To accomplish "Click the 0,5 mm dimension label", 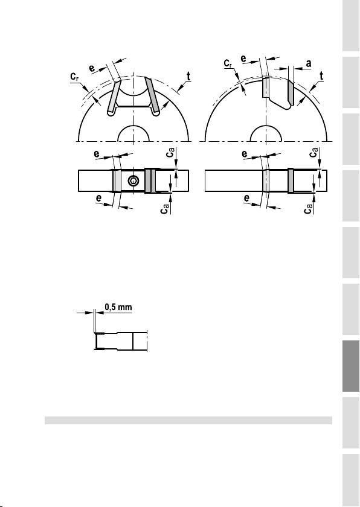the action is [119, 307].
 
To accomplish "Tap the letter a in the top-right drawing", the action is [309, 63].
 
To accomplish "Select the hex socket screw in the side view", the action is [133, 181].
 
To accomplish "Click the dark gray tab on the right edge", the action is [351, 366].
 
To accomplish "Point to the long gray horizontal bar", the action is [188, 420].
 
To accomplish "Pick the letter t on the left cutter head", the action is [188, 77].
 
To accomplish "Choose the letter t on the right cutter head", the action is [321, 76].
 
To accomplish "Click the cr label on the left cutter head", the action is [75, 77].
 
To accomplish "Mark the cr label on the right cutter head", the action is [228, 63].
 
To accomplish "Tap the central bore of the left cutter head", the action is [133, 134].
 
